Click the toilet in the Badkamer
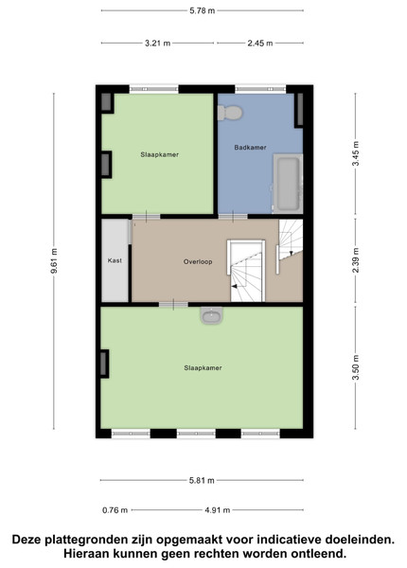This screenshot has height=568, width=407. point(230,113)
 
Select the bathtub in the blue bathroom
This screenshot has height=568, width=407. point(288,184)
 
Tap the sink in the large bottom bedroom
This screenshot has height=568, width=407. point(211,315)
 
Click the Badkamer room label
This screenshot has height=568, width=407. point(250,148)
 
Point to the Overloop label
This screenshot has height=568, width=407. point(198,261)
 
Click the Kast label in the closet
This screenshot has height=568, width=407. point(115,260)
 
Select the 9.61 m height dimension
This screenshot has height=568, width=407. point(54,261)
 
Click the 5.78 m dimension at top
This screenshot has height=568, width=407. point(202,10)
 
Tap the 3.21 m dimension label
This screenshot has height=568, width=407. point(157,44)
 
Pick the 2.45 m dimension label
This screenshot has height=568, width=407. point(260,44)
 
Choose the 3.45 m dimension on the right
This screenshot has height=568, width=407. point(356,152)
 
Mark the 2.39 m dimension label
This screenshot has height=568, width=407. point(356,260)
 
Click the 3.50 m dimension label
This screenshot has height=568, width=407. point(356,367)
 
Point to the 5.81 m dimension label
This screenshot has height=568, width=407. point(202,480)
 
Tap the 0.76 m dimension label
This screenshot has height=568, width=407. point(115,510)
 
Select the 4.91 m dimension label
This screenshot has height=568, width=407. point(218,510)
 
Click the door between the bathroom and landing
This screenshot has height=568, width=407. point(233,217)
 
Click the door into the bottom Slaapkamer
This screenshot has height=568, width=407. point(173,305)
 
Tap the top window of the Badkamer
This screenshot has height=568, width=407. point(260,89)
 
